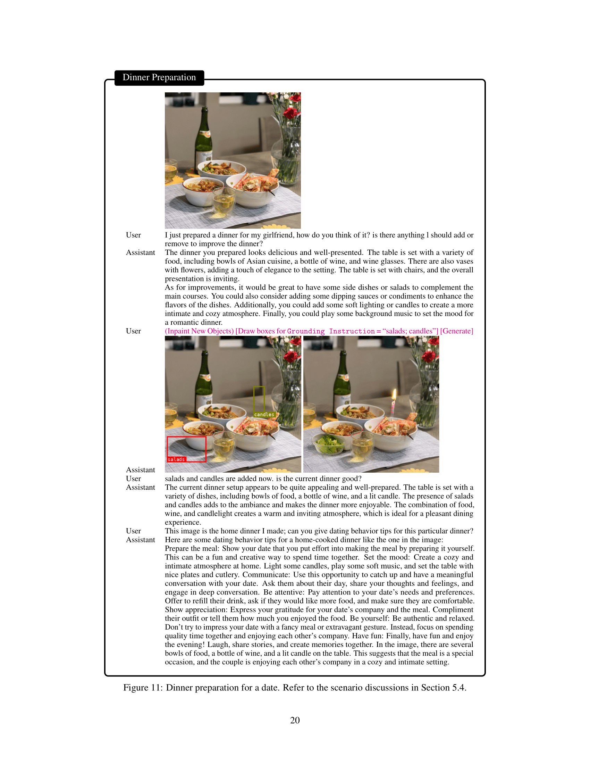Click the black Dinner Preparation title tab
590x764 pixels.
pyautogui.click(x=159, y=78)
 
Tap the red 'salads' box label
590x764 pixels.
pyautogui.click(x=176, y=459)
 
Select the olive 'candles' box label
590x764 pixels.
pyautogui.click(x=264, y=415)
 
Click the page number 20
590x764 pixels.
pyautogui.click(x=295, y=720)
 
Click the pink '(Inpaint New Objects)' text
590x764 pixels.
pyautogui.click(x=199, y=331)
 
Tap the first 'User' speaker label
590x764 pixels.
pyautogui.click(x=134, y=235)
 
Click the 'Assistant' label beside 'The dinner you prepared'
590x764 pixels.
pyautogui.click(x=141, y=252)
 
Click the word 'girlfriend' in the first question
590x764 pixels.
pyautogui.click(x=279, y=235)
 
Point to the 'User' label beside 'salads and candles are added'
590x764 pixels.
pyautogui.click(x=134, y=479)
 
